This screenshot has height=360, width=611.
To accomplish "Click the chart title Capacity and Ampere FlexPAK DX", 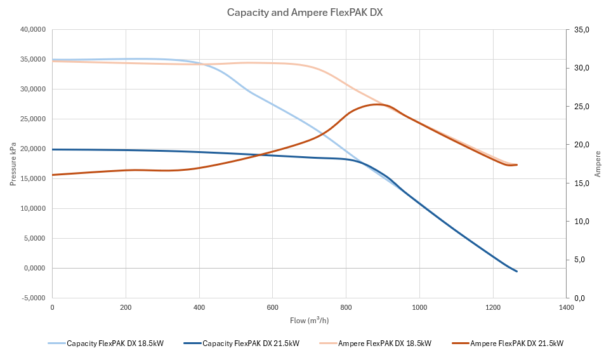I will tap(305, 12).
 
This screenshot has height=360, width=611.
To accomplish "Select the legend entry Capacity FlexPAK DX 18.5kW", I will tap(115, 343).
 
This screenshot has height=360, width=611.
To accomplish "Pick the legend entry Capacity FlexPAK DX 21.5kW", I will tap(251, 343).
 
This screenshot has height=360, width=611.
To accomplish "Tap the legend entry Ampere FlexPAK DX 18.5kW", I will tap(384, 343).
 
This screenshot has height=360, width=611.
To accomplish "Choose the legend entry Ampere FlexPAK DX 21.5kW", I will tap(516, 343).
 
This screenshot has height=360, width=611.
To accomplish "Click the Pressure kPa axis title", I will tap(13, 164).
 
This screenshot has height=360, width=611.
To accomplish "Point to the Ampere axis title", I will tap(598, 164).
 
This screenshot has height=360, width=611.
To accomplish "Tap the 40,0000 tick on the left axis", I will tap(32, 30).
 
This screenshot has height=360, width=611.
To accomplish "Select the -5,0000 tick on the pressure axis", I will tap(32, 298).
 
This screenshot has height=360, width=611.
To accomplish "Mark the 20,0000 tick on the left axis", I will tap(32, 149).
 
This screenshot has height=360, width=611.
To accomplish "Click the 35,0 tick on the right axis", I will tap(582, 30).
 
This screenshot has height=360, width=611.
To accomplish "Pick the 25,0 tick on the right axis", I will tap(582, 107).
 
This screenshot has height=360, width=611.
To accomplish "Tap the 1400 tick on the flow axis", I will tap(566, 307).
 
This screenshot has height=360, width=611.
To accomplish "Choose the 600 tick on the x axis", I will tap(272, 307).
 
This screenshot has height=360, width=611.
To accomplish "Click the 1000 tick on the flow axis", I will tap(419, 307).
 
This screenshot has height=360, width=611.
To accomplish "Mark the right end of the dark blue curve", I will tap(517, 271).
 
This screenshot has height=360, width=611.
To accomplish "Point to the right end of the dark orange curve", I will tap(517, 164).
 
